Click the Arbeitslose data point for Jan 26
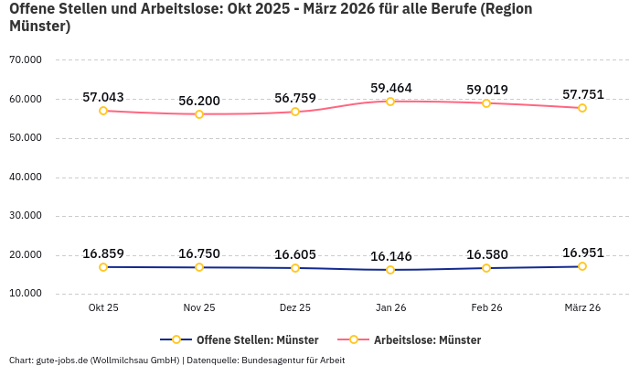point(390,101)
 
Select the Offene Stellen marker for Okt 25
point(103,267)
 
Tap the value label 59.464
point(390,88)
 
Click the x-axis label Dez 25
point(294,307)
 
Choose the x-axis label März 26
point(582,307)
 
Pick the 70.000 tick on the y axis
point(26,59)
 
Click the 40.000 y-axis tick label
point(26,177)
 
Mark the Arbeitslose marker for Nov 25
point(199,113)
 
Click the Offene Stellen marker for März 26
point(582,266)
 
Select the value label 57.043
point(103,97)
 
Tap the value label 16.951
point(582,253)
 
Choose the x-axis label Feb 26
point(486,307)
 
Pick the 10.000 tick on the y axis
point(26,294)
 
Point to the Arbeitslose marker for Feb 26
point(486,102)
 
